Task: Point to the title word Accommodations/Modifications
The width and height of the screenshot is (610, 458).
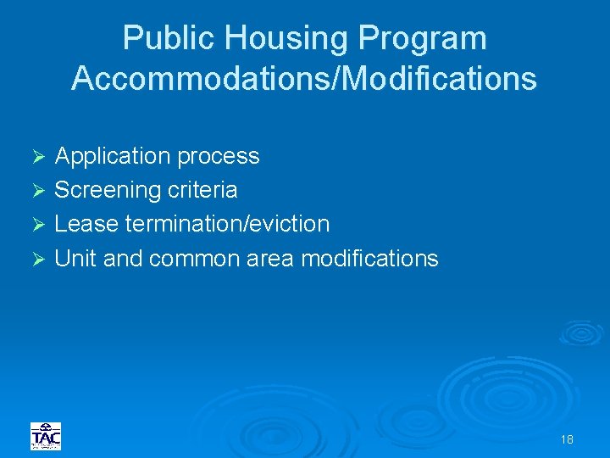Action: click(304, 78)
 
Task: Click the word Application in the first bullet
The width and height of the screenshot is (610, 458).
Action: click(113, 156)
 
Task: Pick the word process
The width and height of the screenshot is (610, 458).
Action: click(218, 156)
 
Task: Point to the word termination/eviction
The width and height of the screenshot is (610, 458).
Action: click(226, 224)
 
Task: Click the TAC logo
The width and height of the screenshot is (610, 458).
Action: click(46, 436)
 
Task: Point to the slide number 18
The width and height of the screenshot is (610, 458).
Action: click(567, 439)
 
